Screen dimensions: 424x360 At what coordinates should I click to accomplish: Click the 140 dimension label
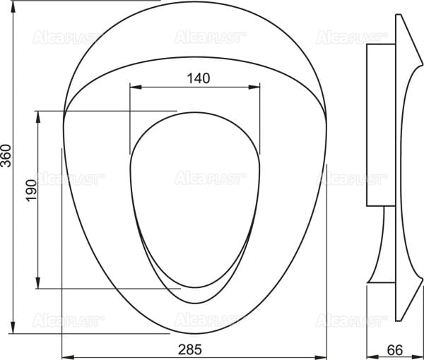click(x=198, y=78)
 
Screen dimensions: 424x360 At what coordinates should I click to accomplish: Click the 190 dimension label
click(x=31, y=191)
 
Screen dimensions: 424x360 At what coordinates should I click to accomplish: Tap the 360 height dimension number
click(x=6, y=156)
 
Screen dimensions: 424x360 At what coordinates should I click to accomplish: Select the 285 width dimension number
click(x=190, y=349)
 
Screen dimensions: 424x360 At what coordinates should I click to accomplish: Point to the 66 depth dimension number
click(x=395, y=350)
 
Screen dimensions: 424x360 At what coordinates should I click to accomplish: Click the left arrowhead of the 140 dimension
click(x=136, y=87)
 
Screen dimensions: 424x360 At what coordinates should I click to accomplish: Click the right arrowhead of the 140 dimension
click(x=254, y=87)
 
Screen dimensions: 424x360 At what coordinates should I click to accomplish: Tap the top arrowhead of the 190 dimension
click(x=38, y=116)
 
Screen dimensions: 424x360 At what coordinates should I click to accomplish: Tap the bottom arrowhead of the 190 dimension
click(x=38, y=283)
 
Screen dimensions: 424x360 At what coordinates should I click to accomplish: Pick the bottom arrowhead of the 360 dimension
click(x=13, y=328)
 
